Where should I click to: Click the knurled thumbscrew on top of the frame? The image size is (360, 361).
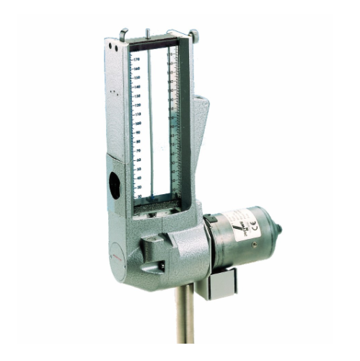[x=193, y=33]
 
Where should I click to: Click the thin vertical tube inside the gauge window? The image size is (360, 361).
[x=149, y=123]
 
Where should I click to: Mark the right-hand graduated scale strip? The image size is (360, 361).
[x=172, y=123]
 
